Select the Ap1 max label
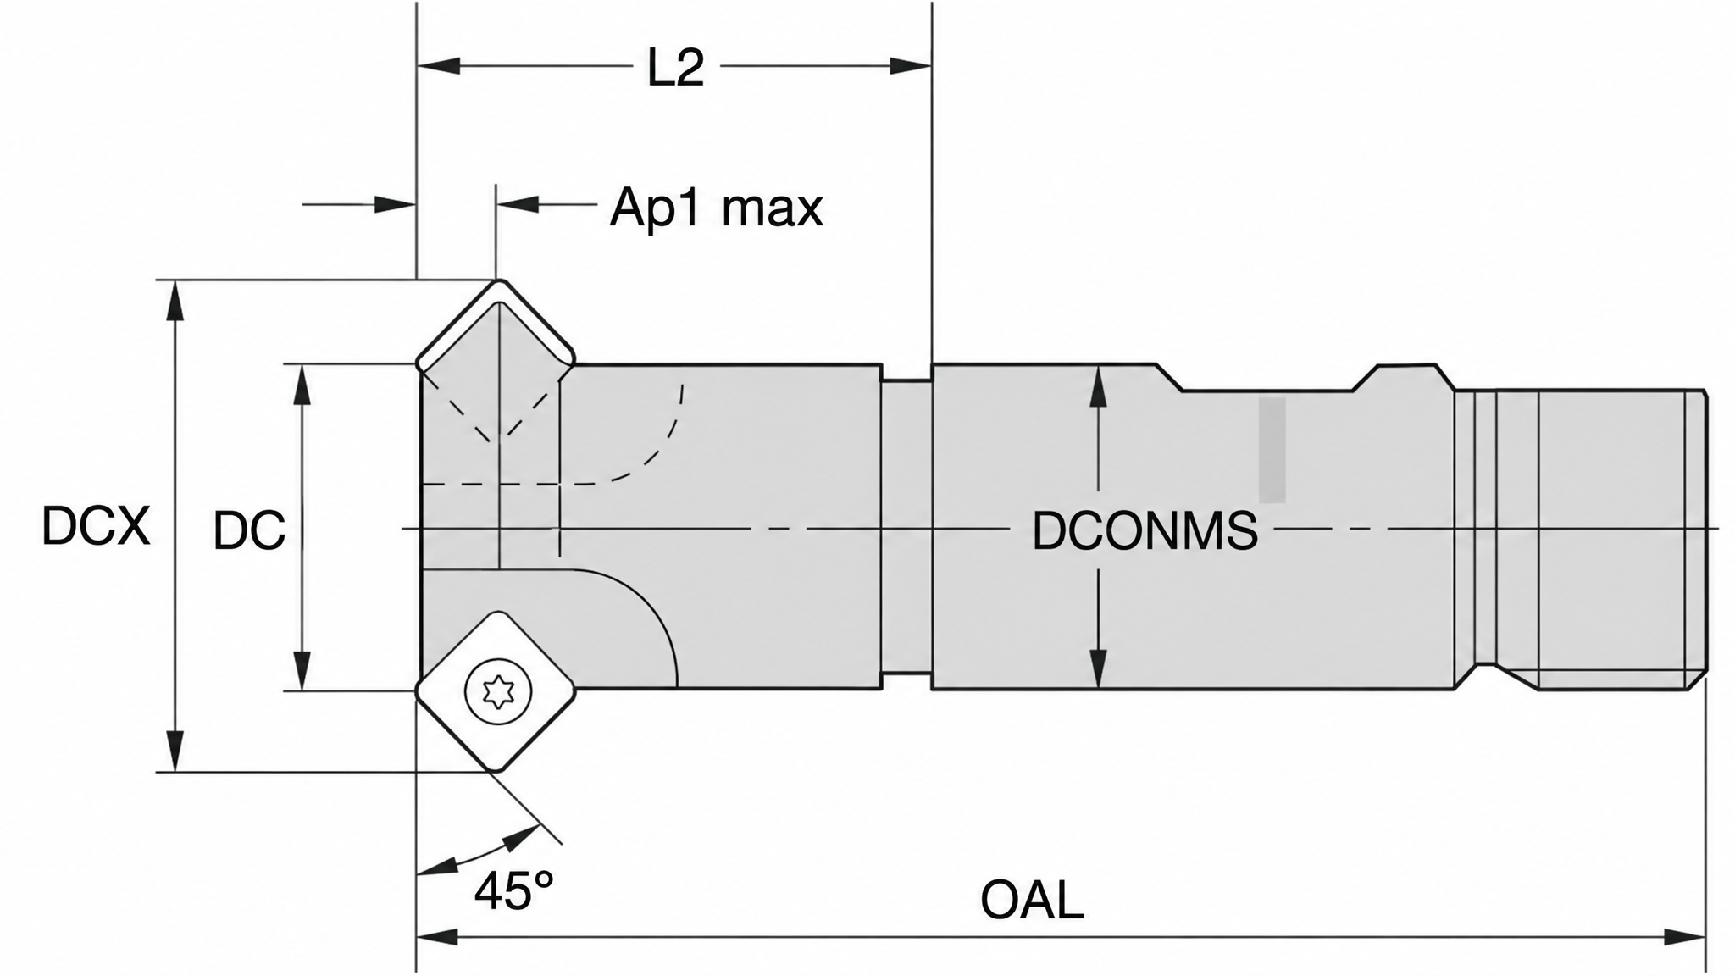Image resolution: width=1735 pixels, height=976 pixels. point(717,207)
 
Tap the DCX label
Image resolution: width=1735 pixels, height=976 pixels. point(96,525)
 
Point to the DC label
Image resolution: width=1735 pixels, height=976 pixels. point(249,531)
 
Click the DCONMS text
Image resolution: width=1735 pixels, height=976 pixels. point(1145,531)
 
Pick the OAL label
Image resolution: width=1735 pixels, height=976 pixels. point(1032,900)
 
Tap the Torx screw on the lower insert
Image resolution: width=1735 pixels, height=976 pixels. point(498,692)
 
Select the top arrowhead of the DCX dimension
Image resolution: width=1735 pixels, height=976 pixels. point(175,300)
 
